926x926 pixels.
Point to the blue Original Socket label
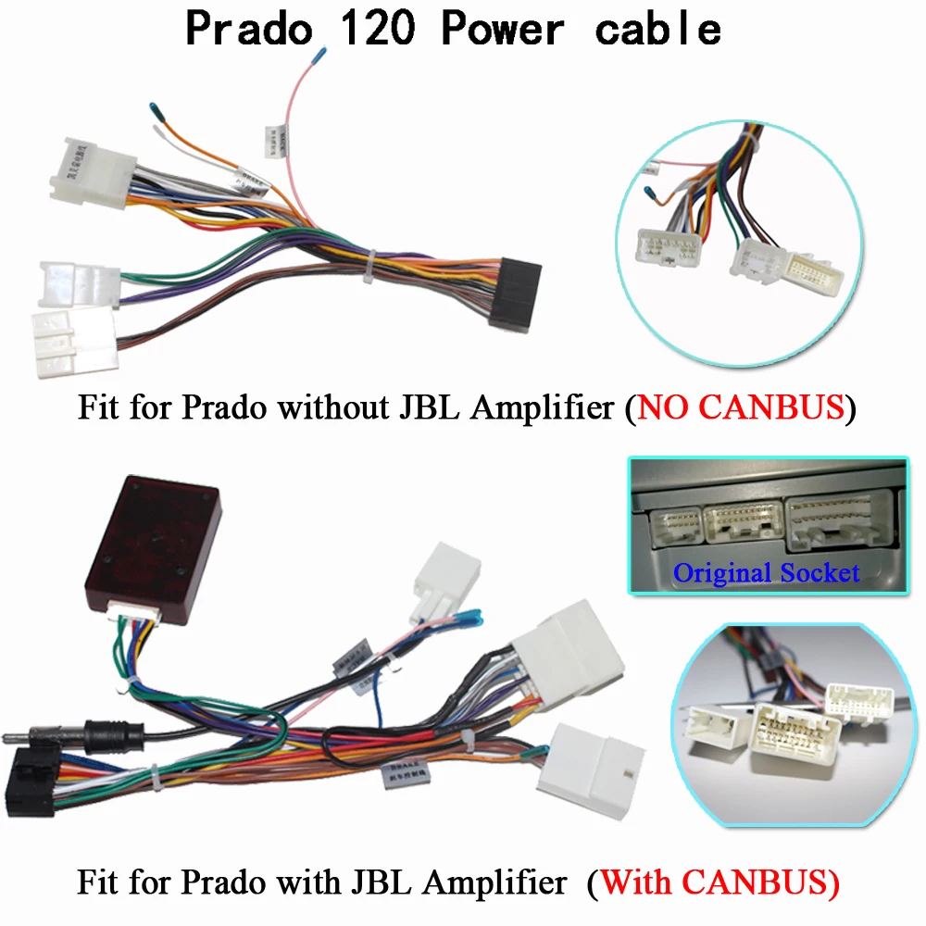pos(766,572)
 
